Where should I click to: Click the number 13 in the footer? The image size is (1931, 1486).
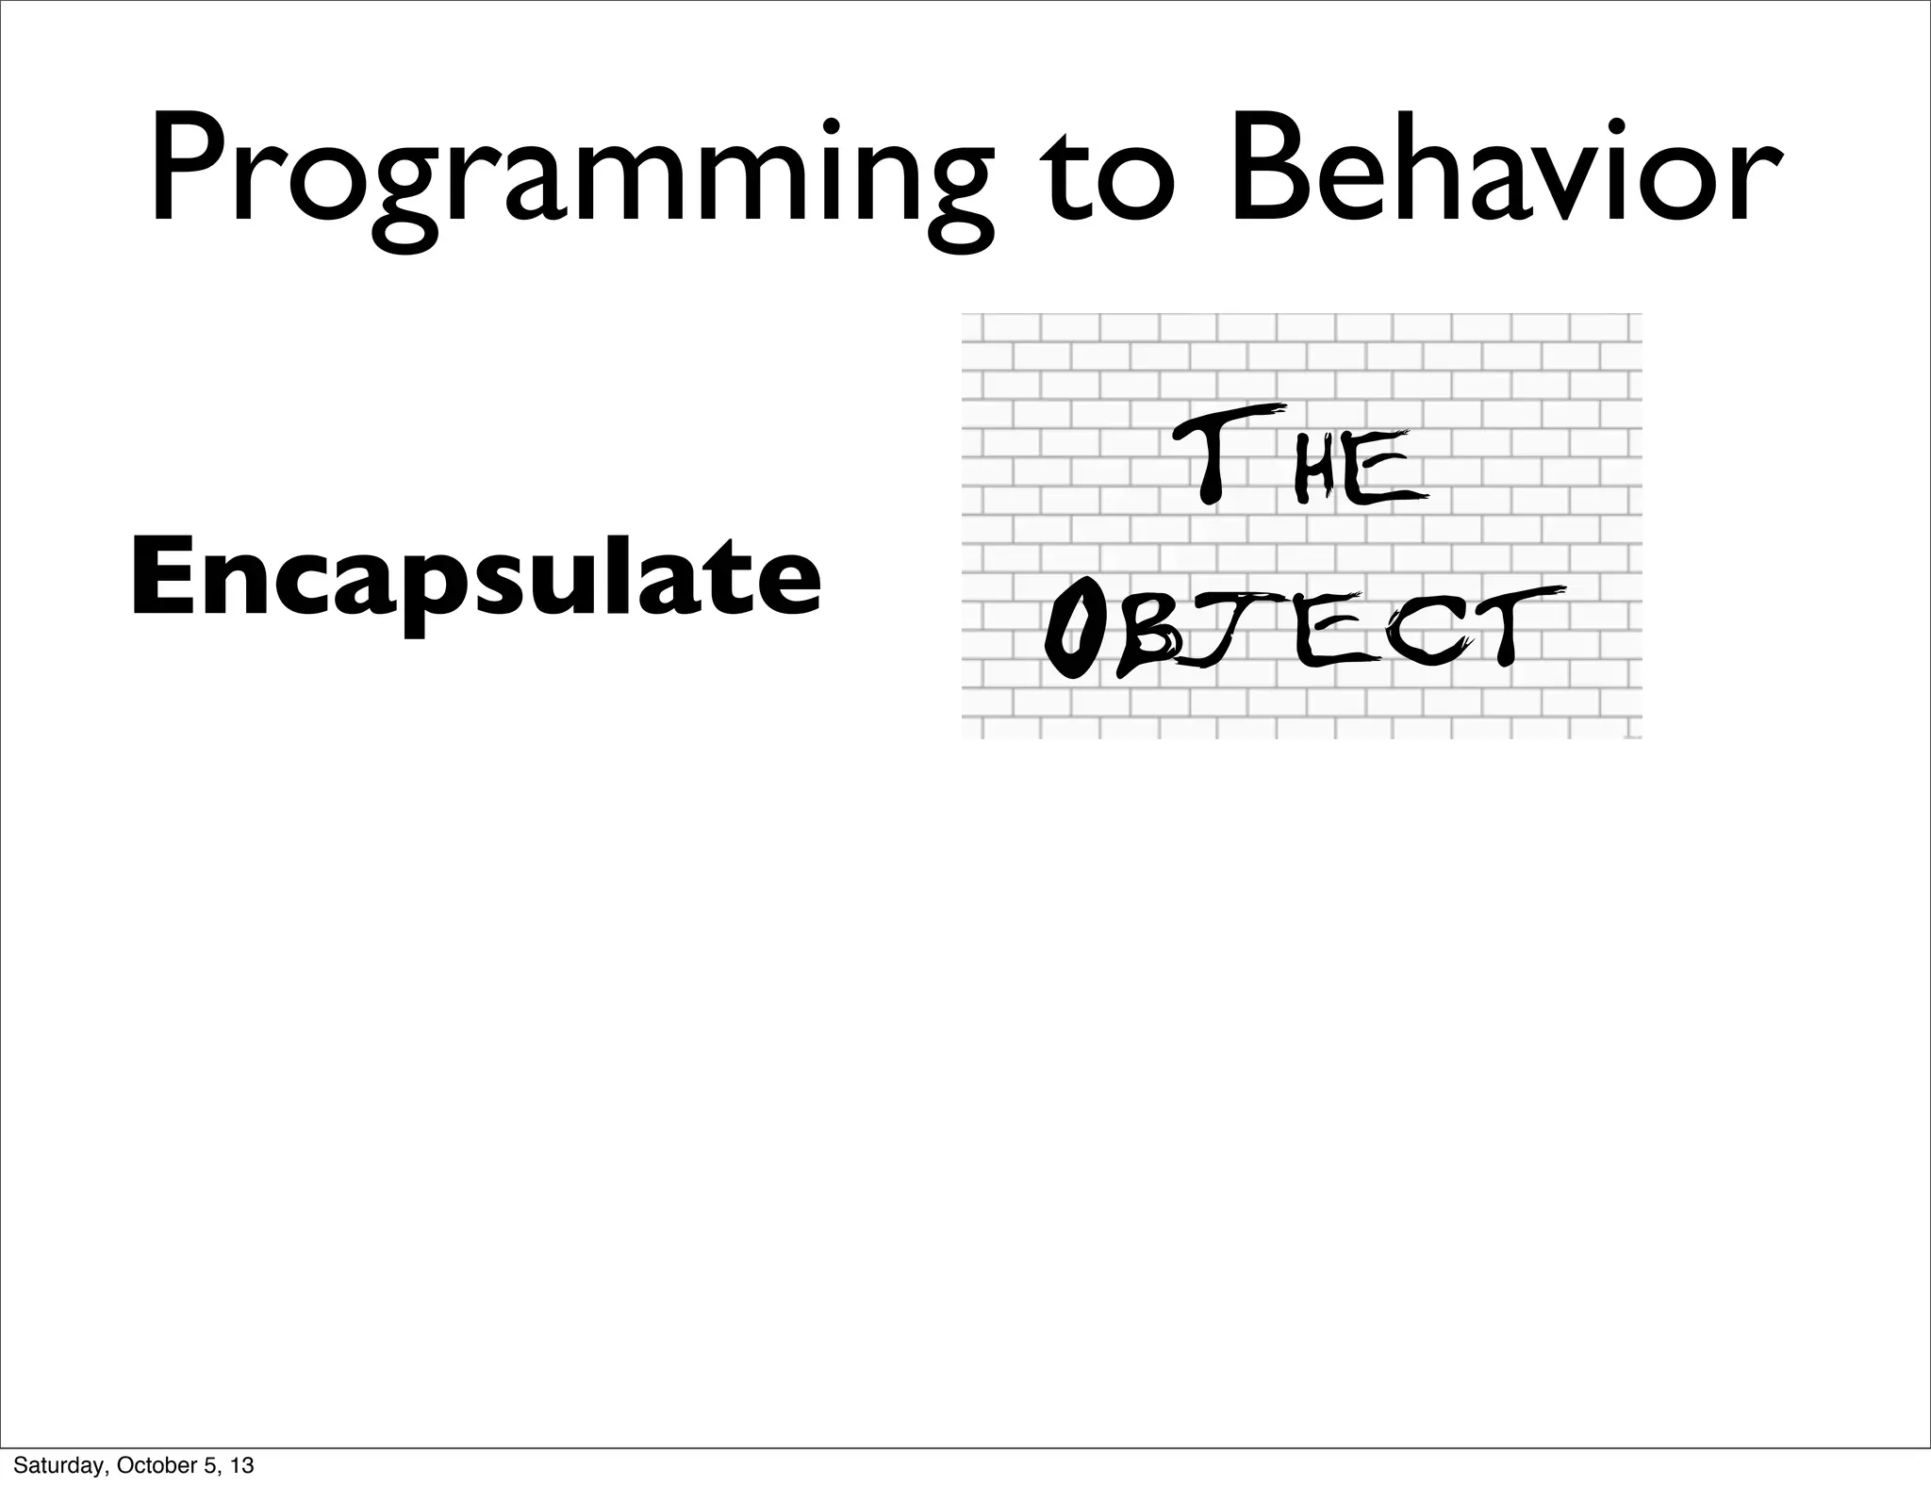tap(242, 1466)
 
